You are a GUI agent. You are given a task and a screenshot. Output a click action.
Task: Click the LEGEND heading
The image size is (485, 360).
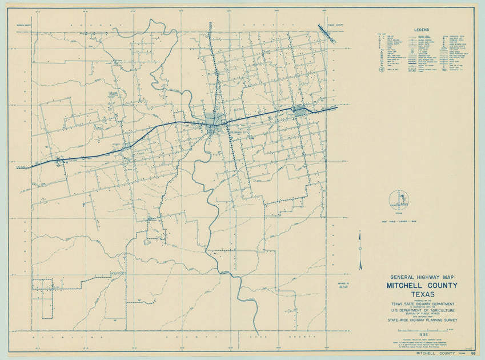tap(422, 29)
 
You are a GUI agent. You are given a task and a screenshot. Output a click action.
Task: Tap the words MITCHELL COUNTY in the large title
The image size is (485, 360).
tap(422, 285)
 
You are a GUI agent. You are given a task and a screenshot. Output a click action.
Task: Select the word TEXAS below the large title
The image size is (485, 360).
tap(422, 294)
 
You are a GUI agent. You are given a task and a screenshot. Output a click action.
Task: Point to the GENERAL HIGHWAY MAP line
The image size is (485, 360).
tap(422, 277)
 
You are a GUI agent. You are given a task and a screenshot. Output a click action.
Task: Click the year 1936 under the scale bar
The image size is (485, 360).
tap(422, 334)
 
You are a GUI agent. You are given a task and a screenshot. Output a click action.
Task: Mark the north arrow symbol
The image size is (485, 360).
tap(360, 250)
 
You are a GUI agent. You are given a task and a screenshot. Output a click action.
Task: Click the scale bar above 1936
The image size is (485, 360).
tap(422, 329)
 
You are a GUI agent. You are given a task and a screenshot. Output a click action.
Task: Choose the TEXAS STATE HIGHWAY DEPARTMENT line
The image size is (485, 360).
tap(422, 304)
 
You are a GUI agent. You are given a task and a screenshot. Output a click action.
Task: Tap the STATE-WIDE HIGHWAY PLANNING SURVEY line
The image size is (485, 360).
tap(422, 322)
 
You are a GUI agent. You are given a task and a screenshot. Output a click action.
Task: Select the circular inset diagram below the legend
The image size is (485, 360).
tap(399, 200)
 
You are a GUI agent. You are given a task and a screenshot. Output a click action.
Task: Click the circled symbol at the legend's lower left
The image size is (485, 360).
tap(382, 69)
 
